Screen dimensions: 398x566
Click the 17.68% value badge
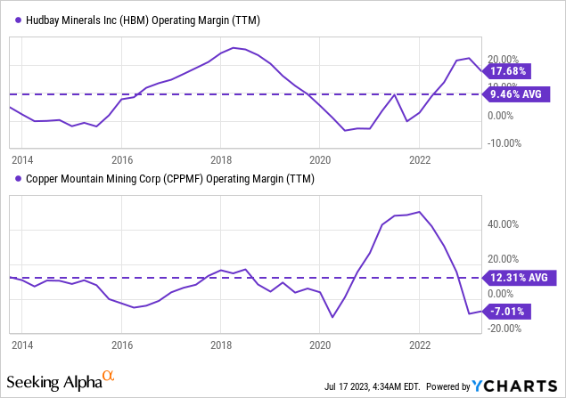click(507, 70)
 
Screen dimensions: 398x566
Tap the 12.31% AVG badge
click(521, 278)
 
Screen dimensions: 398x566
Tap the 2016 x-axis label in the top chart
click(121, 160)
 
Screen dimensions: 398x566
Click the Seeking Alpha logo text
click(62, 382)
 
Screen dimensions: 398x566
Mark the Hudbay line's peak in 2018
click(234, 47)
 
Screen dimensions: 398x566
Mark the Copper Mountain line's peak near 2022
click(419, 212)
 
